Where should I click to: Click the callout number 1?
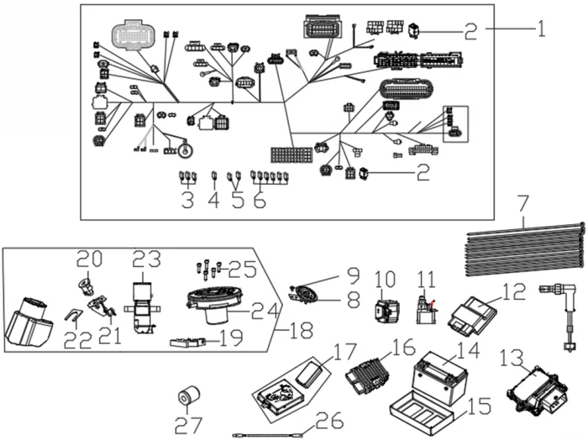click(542, 30)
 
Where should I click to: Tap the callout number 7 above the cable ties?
click(522, 202)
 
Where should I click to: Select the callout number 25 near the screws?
click(243, 269)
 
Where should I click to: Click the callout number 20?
click(89, 259)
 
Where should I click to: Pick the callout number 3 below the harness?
click(186, 201)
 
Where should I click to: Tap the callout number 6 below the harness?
click(260, 201)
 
